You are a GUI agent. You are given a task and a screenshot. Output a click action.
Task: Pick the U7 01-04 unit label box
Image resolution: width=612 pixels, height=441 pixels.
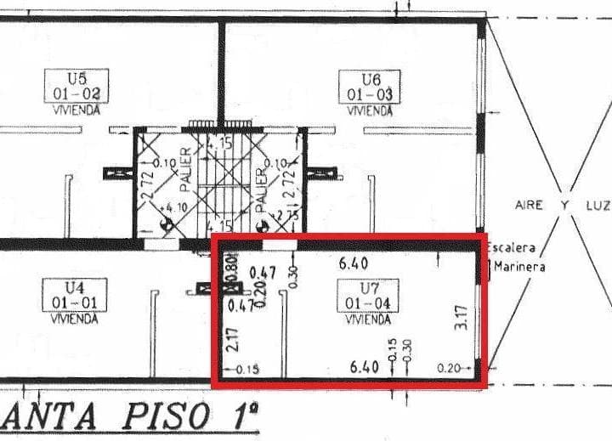point(368,296)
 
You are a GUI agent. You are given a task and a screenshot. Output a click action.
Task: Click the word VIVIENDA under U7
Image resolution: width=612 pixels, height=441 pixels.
point(368,320)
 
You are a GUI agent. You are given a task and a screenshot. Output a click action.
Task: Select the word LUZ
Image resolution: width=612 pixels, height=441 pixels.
point(597,206)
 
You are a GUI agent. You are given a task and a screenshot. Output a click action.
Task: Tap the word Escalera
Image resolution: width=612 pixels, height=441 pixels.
point(512,248)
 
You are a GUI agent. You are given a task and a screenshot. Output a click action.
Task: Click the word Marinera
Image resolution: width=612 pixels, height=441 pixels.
point(516,266)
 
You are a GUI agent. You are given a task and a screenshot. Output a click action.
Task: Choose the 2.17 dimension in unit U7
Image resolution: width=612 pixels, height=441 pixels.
point(233,339)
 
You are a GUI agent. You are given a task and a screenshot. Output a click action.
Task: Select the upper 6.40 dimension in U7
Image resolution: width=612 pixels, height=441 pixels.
point(353,264)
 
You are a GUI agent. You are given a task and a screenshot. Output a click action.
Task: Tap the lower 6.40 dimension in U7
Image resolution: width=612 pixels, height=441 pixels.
point(364,367)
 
